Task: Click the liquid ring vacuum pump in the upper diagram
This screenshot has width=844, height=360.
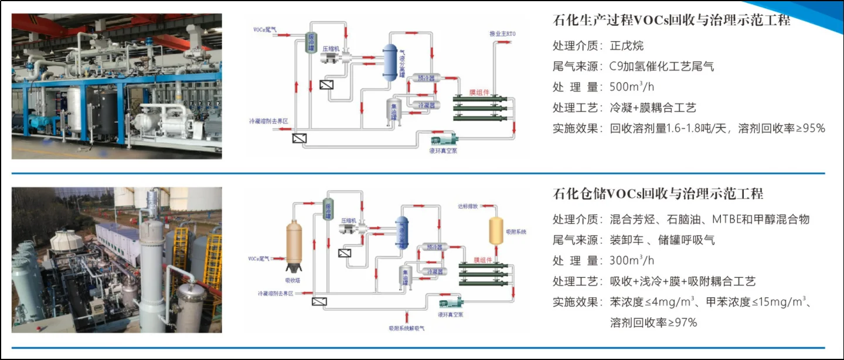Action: point(444,141)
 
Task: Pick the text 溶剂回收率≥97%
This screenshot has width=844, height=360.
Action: point(654,322)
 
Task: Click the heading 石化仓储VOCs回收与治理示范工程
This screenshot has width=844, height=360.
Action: point(658,193)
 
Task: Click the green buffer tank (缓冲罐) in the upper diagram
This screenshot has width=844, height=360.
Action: point(311,43)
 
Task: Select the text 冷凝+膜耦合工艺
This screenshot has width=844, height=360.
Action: point(652,107)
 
